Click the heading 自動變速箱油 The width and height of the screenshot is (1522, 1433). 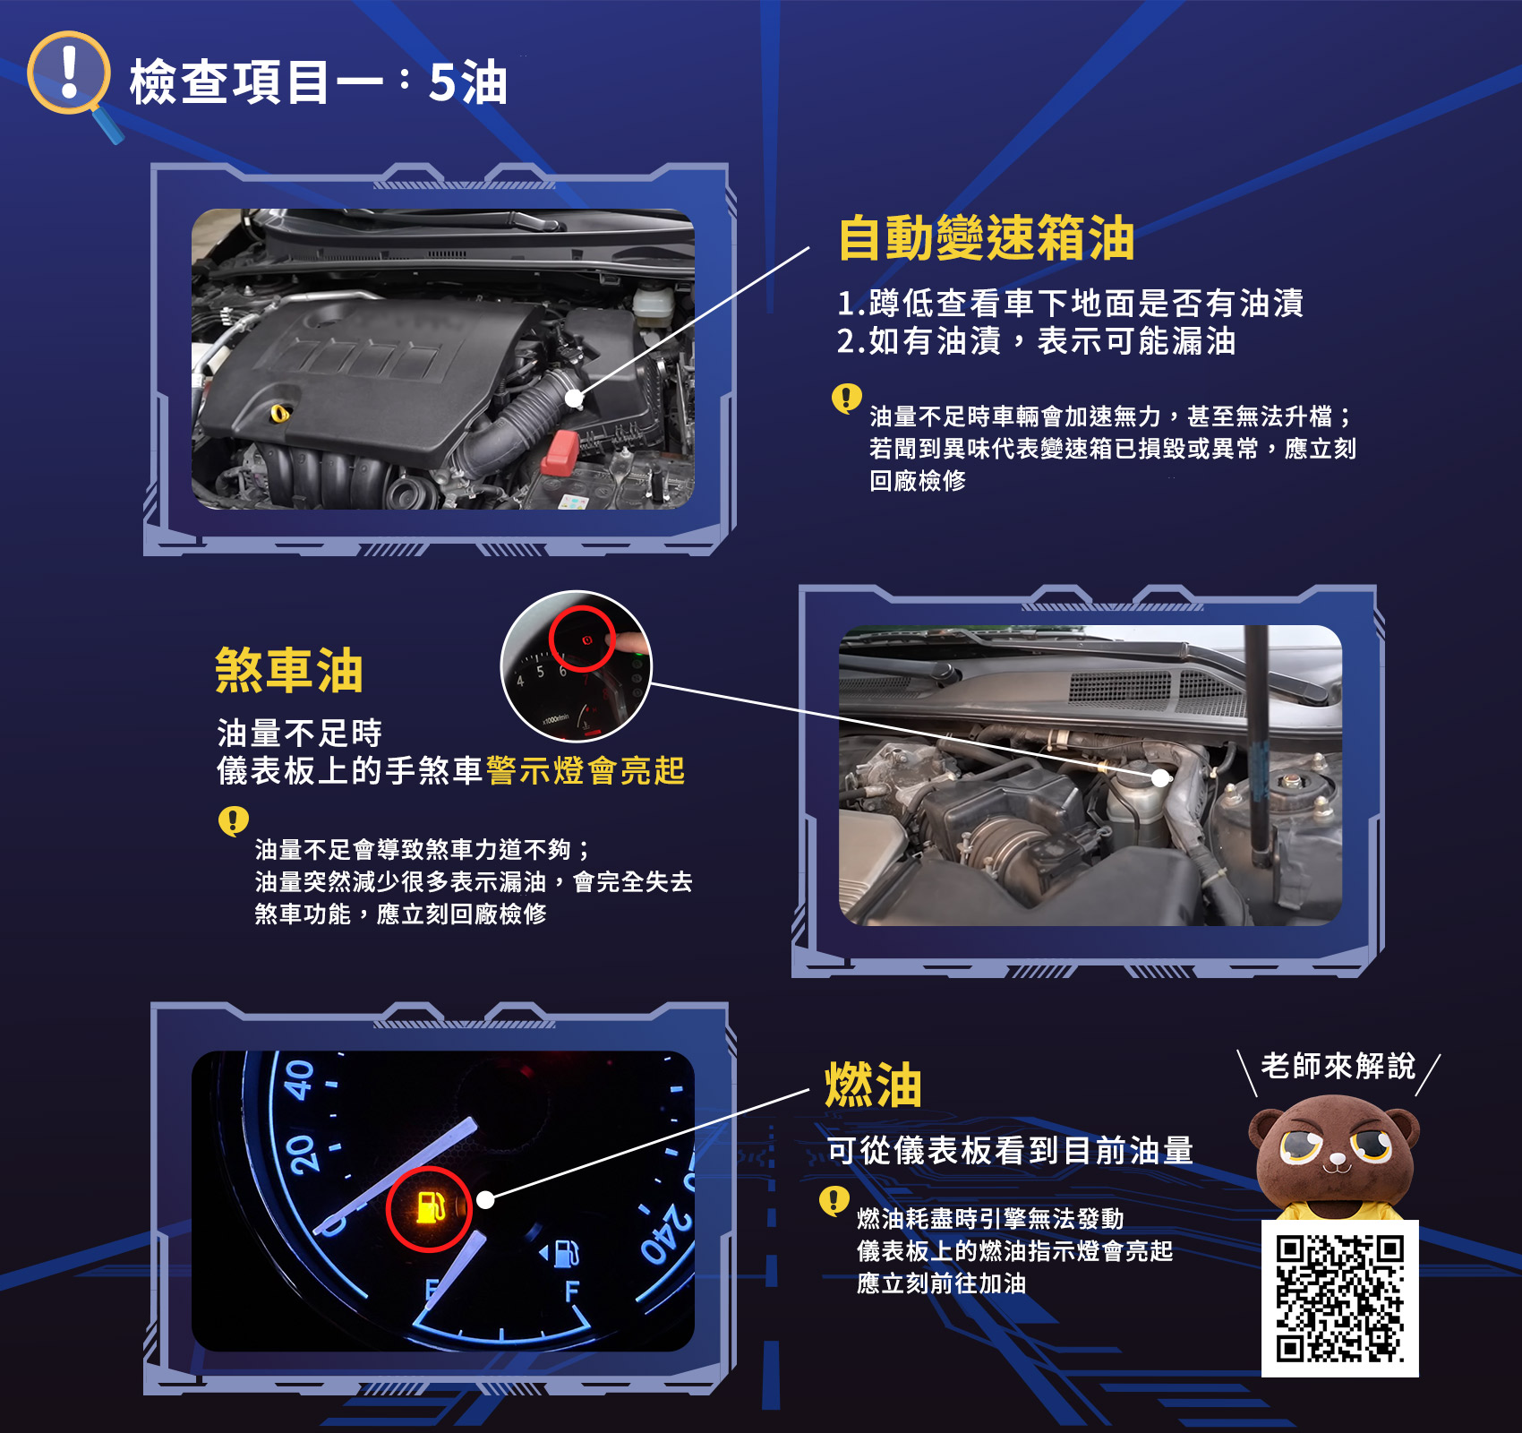(x=987, y=238)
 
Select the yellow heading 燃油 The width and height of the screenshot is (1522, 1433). (x=873, y=1085)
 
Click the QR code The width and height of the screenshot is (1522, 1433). (x=1339, y=1299)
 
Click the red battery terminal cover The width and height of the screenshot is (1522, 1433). (x=561, y=451)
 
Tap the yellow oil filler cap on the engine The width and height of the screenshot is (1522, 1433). (x=280, y=413)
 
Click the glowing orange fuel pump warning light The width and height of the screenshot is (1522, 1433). (x=430, y=1208)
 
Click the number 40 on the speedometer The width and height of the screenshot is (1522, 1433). (x=300, y=1079)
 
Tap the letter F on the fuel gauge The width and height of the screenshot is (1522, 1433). (x=572, y=1291)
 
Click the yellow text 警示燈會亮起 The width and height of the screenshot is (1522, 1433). (x=586, y=770)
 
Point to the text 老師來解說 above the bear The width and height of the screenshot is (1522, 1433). (x=1338, y=1066)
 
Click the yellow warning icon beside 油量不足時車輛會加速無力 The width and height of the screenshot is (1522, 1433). (x=847, y=398)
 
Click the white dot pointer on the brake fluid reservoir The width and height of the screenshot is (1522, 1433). (x=1160, y=777)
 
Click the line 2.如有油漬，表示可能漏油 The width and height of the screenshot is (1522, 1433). (x=1037, y=341)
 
